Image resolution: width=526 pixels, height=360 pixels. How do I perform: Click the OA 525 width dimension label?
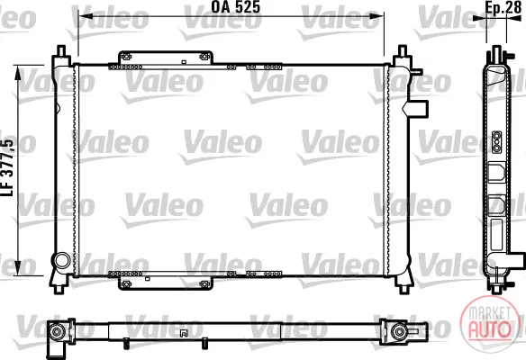[235, 7]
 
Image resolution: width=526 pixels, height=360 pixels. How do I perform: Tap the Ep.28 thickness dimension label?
[503, 8]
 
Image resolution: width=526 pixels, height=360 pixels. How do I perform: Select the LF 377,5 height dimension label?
[8, 167]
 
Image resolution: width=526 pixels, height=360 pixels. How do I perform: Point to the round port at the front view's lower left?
[62, 261]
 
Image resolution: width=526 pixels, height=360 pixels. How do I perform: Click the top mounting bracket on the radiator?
[166, 58]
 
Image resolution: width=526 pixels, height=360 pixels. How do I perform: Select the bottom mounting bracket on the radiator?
[166, 283]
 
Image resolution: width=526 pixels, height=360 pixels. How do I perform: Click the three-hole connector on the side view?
[497, 142]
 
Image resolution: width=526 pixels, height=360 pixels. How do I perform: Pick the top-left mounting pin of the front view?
[61, 51]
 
